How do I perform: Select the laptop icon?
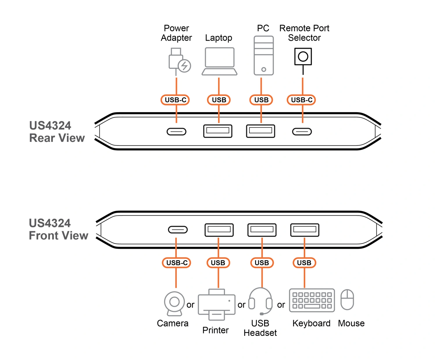click(219, 61)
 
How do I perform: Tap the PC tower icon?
click(264, 56)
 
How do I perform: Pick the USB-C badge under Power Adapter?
click(175, 100)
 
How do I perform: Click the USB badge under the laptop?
click(219, 100)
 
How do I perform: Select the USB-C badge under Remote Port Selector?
click(301, 100)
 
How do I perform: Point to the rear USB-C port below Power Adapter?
click(176, 132)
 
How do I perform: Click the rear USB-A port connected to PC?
click(260, 131)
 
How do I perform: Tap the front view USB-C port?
click(178, 230)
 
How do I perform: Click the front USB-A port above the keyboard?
click(305, 230)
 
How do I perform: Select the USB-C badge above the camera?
click(176, 263)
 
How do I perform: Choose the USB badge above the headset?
click(262, 263)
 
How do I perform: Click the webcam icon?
click(174, 303)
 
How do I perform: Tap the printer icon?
click(217, 304)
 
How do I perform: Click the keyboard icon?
click(312, 300)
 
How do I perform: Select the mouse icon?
click(347, 300)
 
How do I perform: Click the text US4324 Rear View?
click(57, 132)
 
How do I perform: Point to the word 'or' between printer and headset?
click(242, 305)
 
